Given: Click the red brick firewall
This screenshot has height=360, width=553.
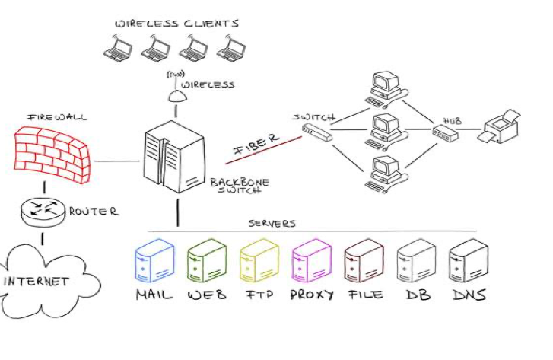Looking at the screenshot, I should click(52, 151).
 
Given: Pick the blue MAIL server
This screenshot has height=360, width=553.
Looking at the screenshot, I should click(154, 263).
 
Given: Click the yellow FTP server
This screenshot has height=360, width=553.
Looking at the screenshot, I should click(259, 263).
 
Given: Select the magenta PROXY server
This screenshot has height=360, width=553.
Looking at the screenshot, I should click(310, 263).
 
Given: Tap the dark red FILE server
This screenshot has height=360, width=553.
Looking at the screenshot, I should click(364, 263).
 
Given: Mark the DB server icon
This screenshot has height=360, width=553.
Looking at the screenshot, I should click(416, 263).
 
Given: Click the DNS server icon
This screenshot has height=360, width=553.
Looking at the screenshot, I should click(467, 263).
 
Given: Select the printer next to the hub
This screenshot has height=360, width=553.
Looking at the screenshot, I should click(498, 127).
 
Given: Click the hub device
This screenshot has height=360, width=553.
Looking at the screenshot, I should click(446, 135).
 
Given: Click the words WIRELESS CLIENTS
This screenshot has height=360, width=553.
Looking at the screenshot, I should click(176, 23).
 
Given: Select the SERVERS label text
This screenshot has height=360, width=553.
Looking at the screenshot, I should click(272, 223).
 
